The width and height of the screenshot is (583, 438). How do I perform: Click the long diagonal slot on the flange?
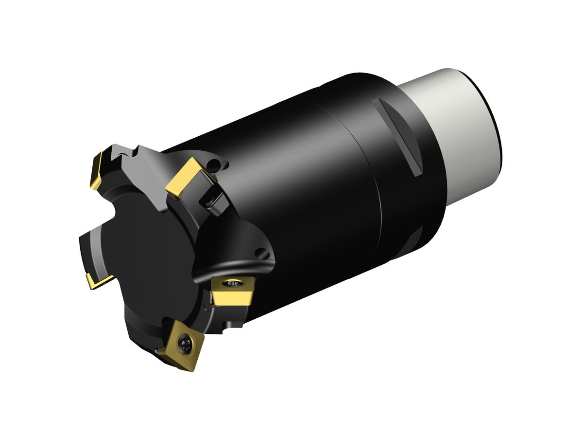397,137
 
